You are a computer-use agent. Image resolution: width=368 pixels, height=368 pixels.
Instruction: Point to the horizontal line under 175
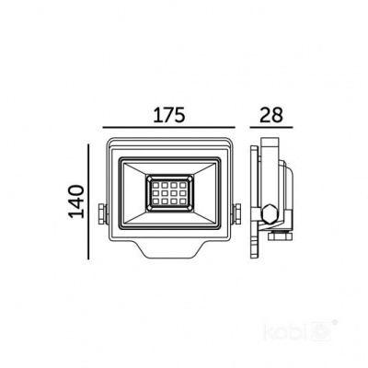click(169, 127)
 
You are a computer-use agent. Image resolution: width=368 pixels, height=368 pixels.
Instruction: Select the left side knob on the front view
click(101, 213)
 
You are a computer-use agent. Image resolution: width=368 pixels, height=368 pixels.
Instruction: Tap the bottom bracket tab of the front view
click(171, 247)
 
